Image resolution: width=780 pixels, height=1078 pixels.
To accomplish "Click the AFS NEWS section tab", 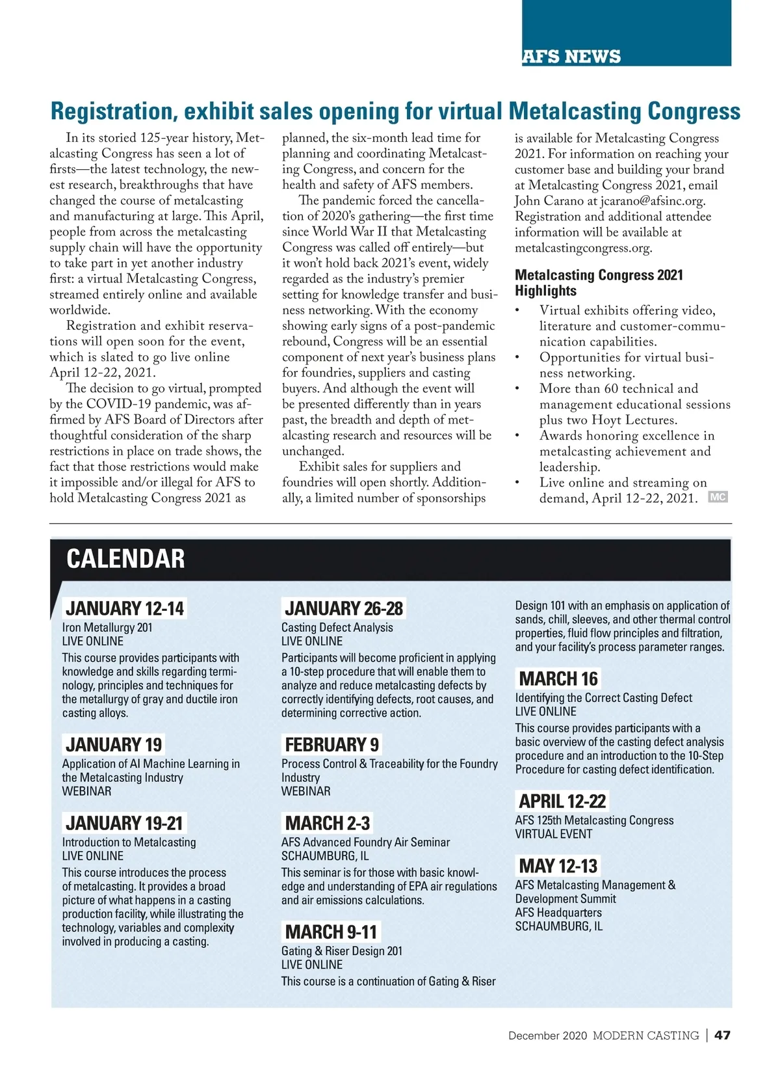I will (x=571, y=57).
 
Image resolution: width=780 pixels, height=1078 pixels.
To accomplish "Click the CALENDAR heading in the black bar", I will (x=125, y=559).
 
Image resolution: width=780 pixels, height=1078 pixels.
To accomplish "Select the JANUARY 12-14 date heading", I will (x=125, y=609).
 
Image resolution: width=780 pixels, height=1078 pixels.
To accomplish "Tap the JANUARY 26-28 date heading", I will (x=344, y=609).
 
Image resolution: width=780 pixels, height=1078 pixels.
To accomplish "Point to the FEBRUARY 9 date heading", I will (x=331, y=745).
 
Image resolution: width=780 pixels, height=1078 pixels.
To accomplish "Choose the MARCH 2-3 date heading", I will (x=327, y=824).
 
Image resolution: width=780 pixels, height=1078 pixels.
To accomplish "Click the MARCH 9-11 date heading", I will (x=331, y=932).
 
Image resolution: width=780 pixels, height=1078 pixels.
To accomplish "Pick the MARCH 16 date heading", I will (x=558, y=679).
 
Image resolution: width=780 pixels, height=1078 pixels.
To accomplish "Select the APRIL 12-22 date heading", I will (x=562, y=802).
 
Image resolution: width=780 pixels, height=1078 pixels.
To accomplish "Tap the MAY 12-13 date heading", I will (x=558, y=867).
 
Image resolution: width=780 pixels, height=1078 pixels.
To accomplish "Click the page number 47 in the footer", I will (x=722, y=1036).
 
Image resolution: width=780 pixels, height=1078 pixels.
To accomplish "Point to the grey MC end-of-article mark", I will (x=718, y=498).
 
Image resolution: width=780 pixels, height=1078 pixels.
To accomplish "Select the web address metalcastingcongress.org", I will (x=583, y=248).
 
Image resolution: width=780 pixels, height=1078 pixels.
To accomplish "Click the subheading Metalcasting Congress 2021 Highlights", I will (x=598, y=283).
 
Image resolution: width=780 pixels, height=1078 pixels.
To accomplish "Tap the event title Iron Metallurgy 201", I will (x=107, y=628).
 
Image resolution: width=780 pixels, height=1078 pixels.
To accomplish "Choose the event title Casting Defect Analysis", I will (x=337, y=628).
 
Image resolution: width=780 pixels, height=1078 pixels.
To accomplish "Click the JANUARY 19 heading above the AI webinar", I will (x=114, y=745).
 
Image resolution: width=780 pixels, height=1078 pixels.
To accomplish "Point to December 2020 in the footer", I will (x=547, y=1036).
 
